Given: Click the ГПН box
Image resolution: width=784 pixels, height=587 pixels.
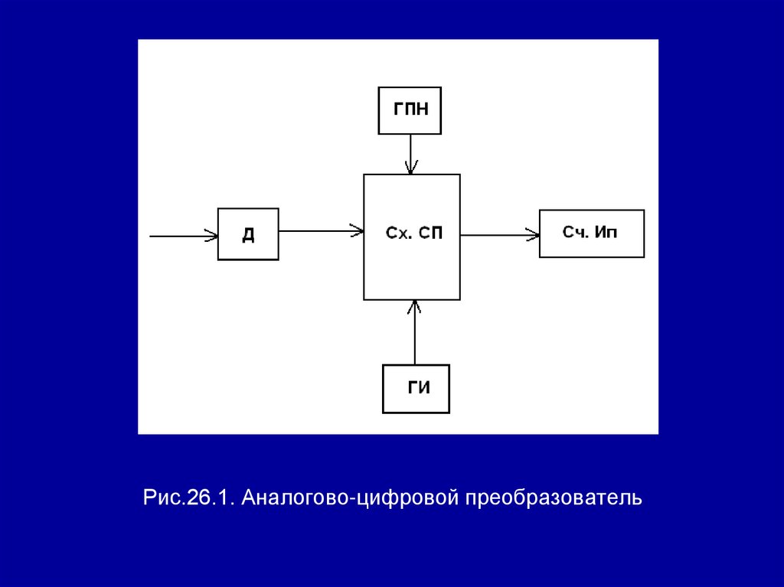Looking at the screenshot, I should pyautogui.click(x=410, y=110).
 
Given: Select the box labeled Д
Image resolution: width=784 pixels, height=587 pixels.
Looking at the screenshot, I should pyautogui.click(x=248, y=234).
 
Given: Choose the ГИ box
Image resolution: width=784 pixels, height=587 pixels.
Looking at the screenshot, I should pyautogui.click(x=416, y=389).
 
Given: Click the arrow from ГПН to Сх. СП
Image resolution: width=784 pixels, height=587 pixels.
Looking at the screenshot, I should pyautogui.click(x=411, y=154).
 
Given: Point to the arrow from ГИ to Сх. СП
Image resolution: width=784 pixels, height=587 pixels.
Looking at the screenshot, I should pyautogui.click(x=415, y=332).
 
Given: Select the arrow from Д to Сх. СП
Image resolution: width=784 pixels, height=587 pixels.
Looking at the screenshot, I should pyautogui.click(x=320, y=230).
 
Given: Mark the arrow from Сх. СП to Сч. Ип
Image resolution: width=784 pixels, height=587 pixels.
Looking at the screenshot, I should pyautogui.click(x=499, y=235).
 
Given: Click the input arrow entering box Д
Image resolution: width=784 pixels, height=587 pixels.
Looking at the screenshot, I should pyautogui.click(x=183, y=236).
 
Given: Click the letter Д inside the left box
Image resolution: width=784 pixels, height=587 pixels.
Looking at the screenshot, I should pyautogui.click(x=248, y=235).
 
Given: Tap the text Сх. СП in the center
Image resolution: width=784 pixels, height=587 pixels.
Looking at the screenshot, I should pyautogui.click(x=413, y=233).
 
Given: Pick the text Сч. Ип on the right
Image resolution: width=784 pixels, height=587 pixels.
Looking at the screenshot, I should pyautogui.click(x=590, y=232).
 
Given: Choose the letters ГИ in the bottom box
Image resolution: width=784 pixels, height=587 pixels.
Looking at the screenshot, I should pyautogui.click(x=418, y=387).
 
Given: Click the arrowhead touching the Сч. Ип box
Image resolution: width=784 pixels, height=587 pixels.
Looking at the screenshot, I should pyautogui.click(x=533, y=235).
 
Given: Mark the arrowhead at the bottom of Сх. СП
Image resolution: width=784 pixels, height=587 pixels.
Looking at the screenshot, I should pyautogui.click(x=415, y=305).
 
